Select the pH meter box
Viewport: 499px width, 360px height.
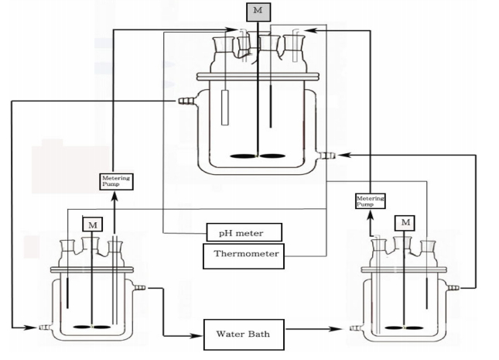click(x=244, y=231)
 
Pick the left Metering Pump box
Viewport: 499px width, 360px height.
click(x=117, y=181)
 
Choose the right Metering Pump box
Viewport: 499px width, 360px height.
click(x=370, y=201)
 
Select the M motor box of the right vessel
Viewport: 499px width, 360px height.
click(x=405, y=223)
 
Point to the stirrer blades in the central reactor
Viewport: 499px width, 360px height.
click(x=258, y=158)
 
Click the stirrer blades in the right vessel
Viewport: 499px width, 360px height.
click(x=405, y=327)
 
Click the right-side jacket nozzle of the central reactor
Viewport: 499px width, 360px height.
click(x=328, y=156)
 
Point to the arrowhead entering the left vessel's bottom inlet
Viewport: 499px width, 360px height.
click(x=34, y=327)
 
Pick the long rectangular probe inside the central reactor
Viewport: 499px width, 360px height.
click(x=224, y=108)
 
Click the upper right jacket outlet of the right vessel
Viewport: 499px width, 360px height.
click(x=453, y=288)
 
